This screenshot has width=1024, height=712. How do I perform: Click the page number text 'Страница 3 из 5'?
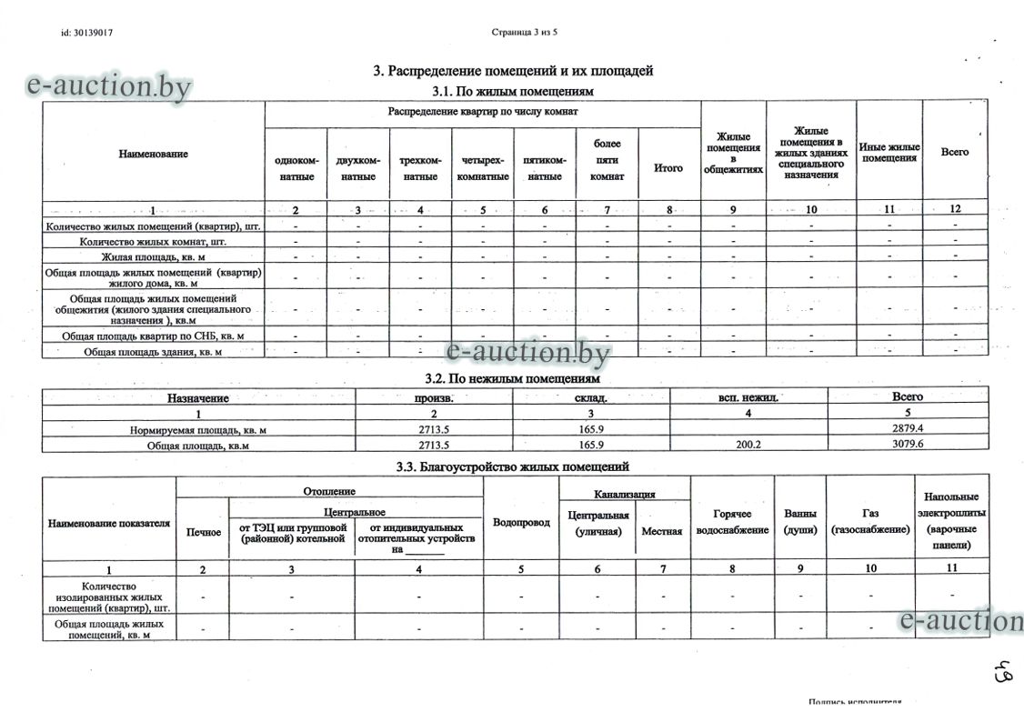tap(524, 33)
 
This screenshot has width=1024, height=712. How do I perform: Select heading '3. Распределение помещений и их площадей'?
tap(513, 71)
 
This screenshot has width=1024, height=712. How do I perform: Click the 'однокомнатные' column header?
tap(296, 168)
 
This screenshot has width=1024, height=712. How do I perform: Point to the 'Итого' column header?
tap(668, 168)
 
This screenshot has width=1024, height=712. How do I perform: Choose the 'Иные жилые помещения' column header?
tap(890, 152)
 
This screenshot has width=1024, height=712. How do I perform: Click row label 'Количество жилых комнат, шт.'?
tap(153, 242)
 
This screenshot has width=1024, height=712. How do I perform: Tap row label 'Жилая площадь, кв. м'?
tap(153, 258)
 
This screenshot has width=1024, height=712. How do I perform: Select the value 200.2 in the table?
tap(748, 446)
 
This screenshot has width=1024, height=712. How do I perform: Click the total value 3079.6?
tap(908, 446)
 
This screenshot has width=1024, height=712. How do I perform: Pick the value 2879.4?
tap(908, 427)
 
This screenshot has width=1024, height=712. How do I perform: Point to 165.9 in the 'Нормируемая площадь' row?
tap(590, 427)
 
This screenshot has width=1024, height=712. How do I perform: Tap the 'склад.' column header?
tap(590, 397)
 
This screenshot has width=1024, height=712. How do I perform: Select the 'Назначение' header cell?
tap(198, 397)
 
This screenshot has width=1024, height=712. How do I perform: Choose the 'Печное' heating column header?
tap(203, 531)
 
